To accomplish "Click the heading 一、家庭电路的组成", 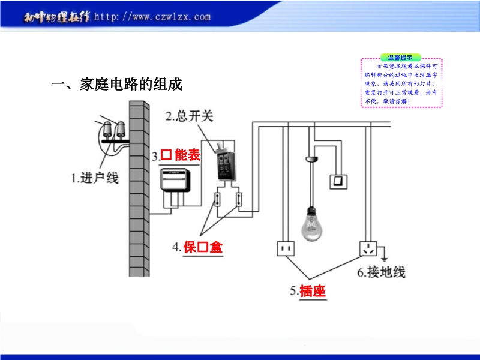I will click(116, 85).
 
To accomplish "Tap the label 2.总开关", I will click(190, 116).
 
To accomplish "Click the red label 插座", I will click(312, 291).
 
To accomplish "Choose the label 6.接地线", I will click(381, 272).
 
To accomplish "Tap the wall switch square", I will click(338, 181).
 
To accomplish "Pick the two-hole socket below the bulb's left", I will click(284, 248).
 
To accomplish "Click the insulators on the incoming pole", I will click(113, 131).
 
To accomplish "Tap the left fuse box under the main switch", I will click(218, 199).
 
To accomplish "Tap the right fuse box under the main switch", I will click(240, 199).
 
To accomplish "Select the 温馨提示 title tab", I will click(400, 56).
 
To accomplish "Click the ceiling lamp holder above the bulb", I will click(311, 159).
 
